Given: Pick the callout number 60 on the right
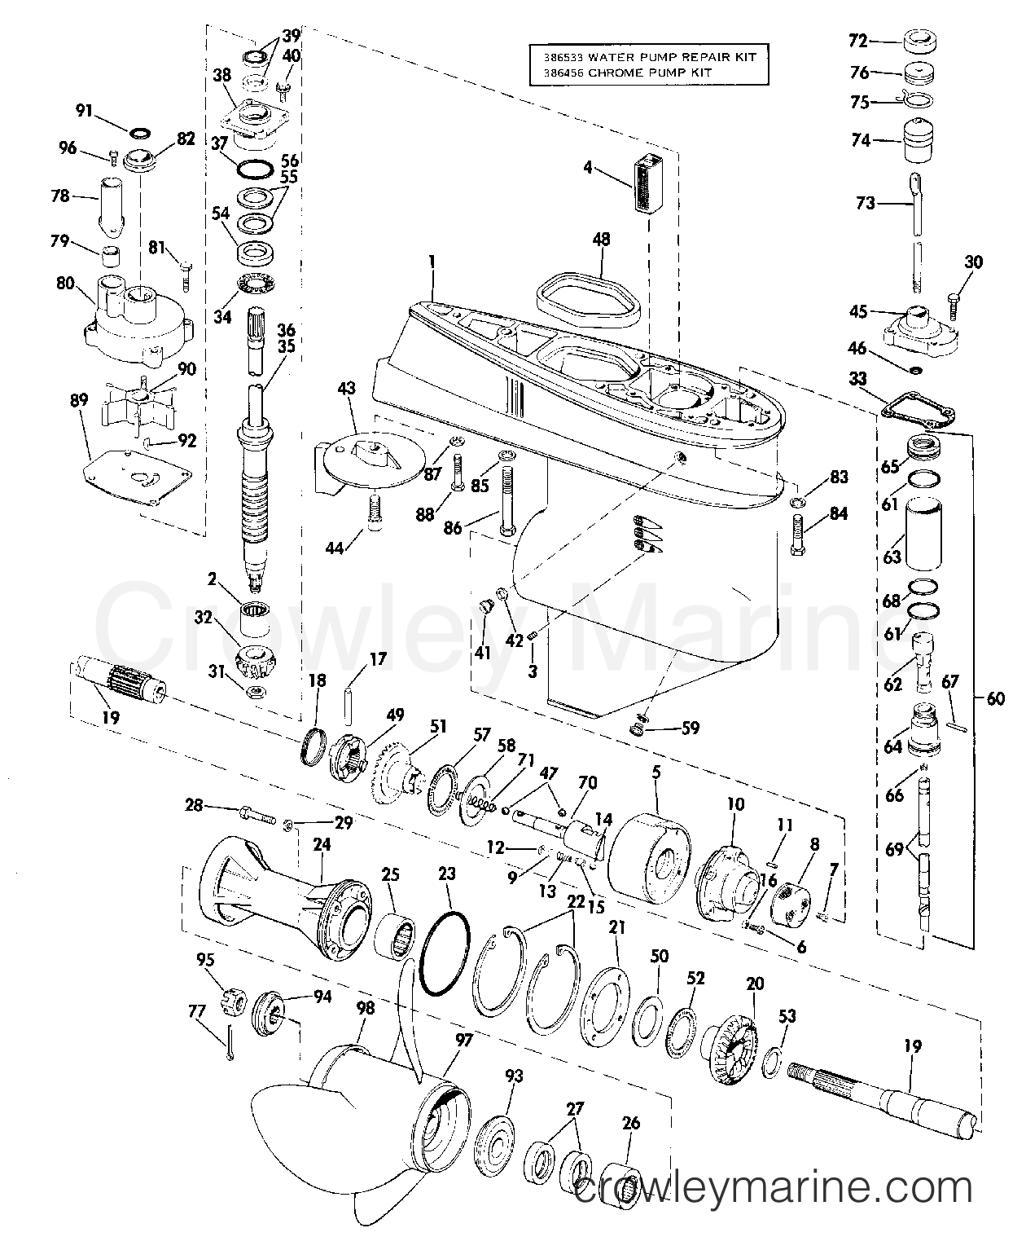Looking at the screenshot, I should tap(995, 698).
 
